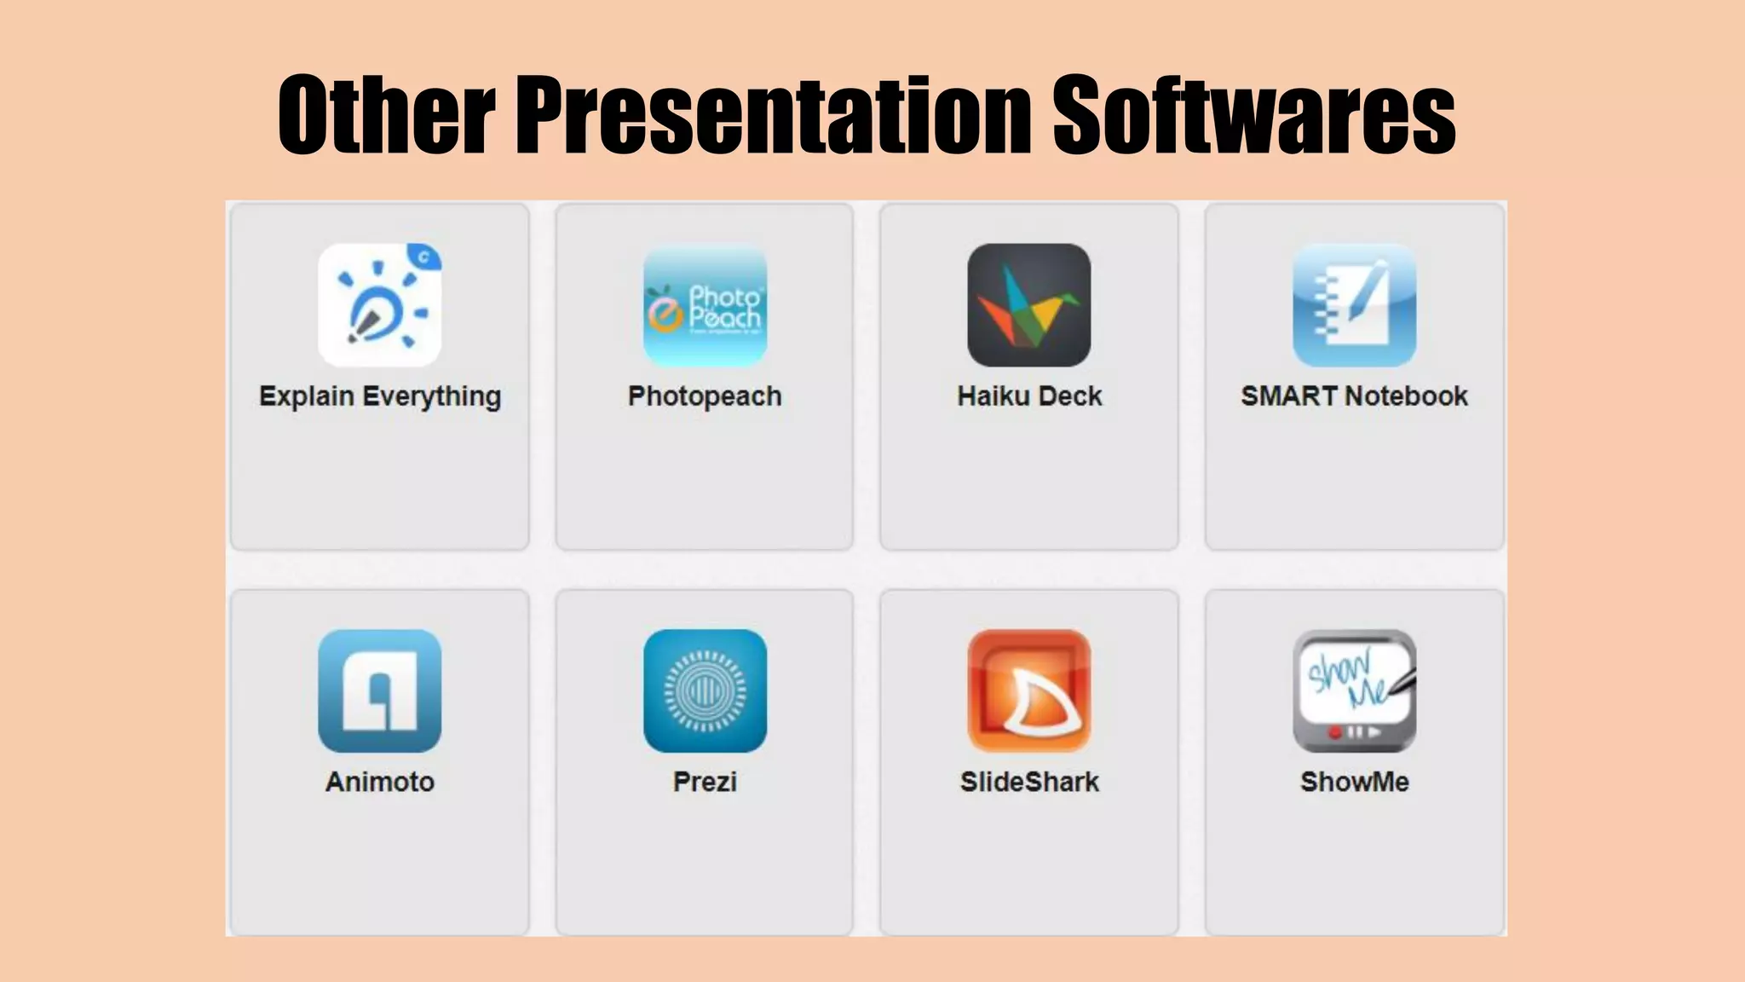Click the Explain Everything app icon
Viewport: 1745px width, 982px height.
379,305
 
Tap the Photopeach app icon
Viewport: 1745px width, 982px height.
705,305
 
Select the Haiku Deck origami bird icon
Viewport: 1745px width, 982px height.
1028,305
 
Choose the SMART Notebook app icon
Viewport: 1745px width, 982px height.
1354,305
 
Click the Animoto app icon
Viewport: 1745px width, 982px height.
379,691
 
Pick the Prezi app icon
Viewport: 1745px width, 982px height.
705,691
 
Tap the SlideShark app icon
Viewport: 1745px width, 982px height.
1028,691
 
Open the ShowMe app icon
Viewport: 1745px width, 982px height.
1354,691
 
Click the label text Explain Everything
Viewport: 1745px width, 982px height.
380,397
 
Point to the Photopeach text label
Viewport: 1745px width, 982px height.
705,397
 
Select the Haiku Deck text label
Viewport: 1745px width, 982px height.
1029,396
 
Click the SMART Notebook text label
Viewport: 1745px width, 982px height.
1354,396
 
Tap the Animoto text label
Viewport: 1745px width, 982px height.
380,782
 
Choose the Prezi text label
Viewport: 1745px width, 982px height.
705,782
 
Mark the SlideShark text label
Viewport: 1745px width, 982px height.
1029,782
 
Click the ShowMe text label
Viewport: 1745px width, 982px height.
1354,782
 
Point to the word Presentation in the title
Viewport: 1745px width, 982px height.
774,115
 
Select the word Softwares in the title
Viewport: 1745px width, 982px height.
1254,115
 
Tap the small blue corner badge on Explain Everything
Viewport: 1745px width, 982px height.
424,256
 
